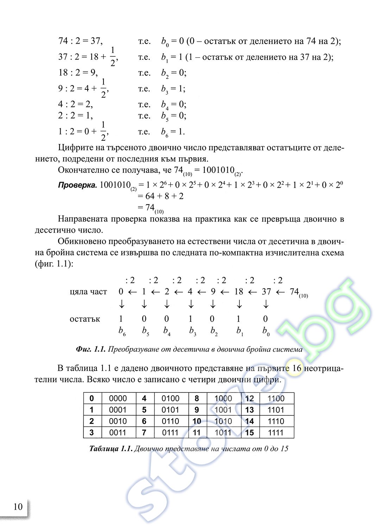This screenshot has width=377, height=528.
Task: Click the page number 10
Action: pos(18,507)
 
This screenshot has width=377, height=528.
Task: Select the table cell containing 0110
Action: pos(170,421)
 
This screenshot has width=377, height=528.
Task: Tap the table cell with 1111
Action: pos(276,433)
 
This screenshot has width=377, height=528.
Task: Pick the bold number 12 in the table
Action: pos(250,398)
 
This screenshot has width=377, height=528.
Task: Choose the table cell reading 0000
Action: pos(118,398)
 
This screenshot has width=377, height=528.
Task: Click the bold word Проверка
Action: pos(77,185)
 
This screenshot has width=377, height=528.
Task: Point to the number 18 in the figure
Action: pos(239,292)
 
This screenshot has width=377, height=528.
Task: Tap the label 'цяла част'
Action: pos(88,292)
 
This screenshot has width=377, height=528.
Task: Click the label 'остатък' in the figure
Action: pos(85,319)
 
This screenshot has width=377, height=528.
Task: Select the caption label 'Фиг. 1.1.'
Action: pos(90,350)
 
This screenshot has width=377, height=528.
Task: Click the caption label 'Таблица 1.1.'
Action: pos(111,448)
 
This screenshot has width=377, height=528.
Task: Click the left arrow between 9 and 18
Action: pos(225,292)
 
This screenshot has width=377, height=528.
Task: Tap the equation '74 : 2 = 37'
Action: pos(80,41)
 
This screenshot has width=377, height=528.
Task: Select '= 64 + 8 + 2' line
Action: pos(161,196)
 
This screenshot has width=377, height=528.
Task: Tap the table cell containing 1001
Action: pos(223,410)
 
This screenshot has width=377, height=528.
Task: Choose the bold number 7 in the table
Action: pos(144,433)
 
